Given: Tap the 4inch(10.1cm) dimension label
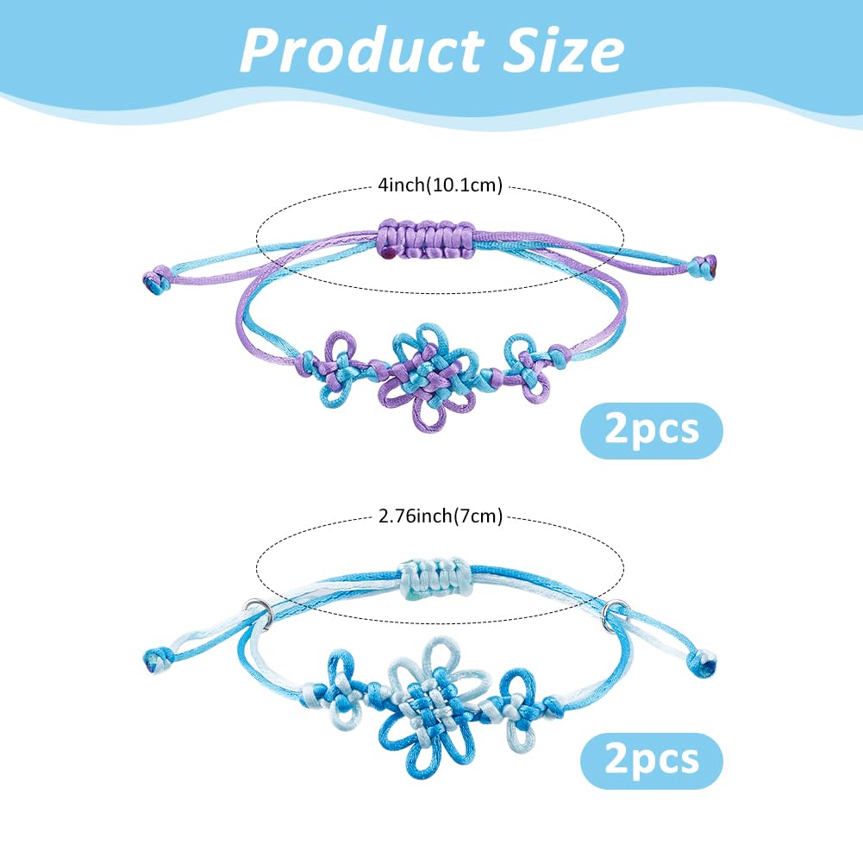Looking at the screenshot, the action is coord(441,184).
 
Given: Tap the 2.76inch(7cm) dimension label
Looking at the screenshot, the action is coord(441,516).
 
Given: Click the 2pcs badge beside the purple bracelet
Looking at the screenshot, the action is coord(652,430).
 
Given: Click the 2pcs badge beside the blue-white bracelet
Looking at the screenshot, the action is coord(652,760).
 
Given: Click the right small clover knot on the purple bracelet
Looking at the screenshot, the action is coord(526,367).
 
